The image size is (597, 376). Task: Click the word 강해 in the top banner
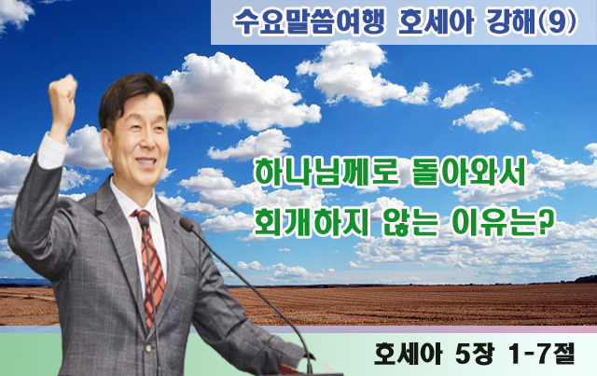[511, 21]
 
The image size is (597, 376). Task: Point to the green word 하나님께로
[326, 174]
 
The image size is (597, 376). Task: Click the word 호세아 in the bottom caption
[408, 354]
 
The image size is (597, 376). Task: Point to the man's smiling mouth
[146, 161]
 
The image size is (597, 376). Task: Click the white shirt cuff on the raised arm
[51, 150]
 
